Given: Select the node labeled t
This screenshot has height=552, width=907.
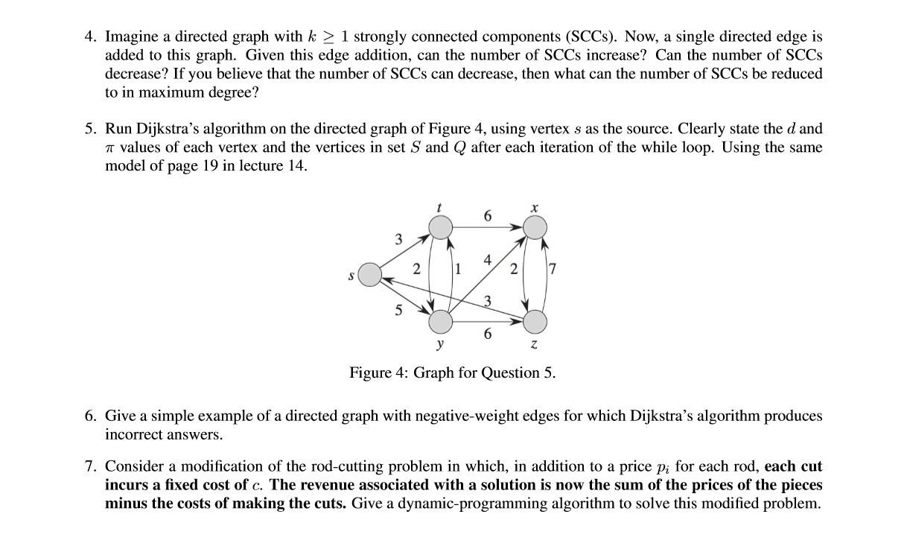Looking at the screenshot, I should point(441,227).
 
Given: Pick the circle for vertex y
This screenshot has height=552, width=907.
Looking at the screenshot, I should point(441,322).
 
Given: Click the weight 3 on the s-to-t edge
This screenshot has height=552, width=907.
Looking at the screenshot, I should point(398,239).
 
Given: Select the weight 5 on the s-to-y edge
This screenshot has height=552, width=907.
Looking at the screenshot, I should point(398,311).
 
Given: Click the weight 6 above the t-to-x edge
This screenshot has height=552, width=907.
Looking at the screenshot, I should point(488,216).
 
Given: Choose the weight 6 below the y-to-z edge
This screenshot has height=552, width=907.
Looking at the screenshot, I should point(488,334).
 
